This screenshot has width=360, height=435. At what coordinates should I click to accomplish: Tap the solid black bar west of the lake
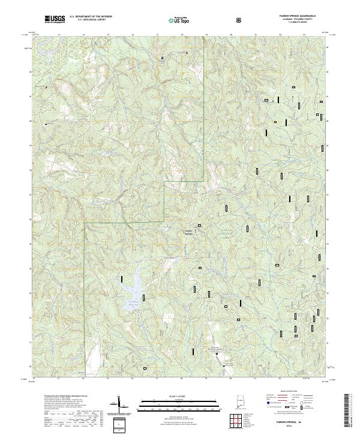tap(122, 279)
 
